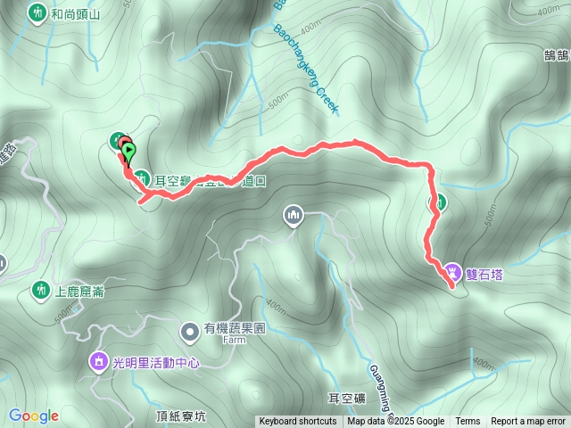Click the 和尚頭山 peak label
pyautogui.click(x=76, y=14)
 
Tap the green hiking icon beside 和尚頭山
pyautogui.click(x=37, y=13)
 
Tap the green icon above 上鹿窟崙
pyautogui.click(x=40, y=290)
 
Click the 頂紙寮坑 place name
pyautogui.click(x=181, y=416)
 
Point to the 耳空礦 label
pyautogui.click(x=348, y=398)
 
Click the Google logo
pyautogui.click(x=34, y=416)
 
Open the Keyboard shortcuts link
pyautogui.click(x=298, y=422)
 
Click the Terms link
pyautogui.click(x=468, y=422)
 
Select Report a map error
pyautogui.click(x=529, y=422)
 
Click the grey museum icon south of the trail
pyautogui.click(x=294, y=215)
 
